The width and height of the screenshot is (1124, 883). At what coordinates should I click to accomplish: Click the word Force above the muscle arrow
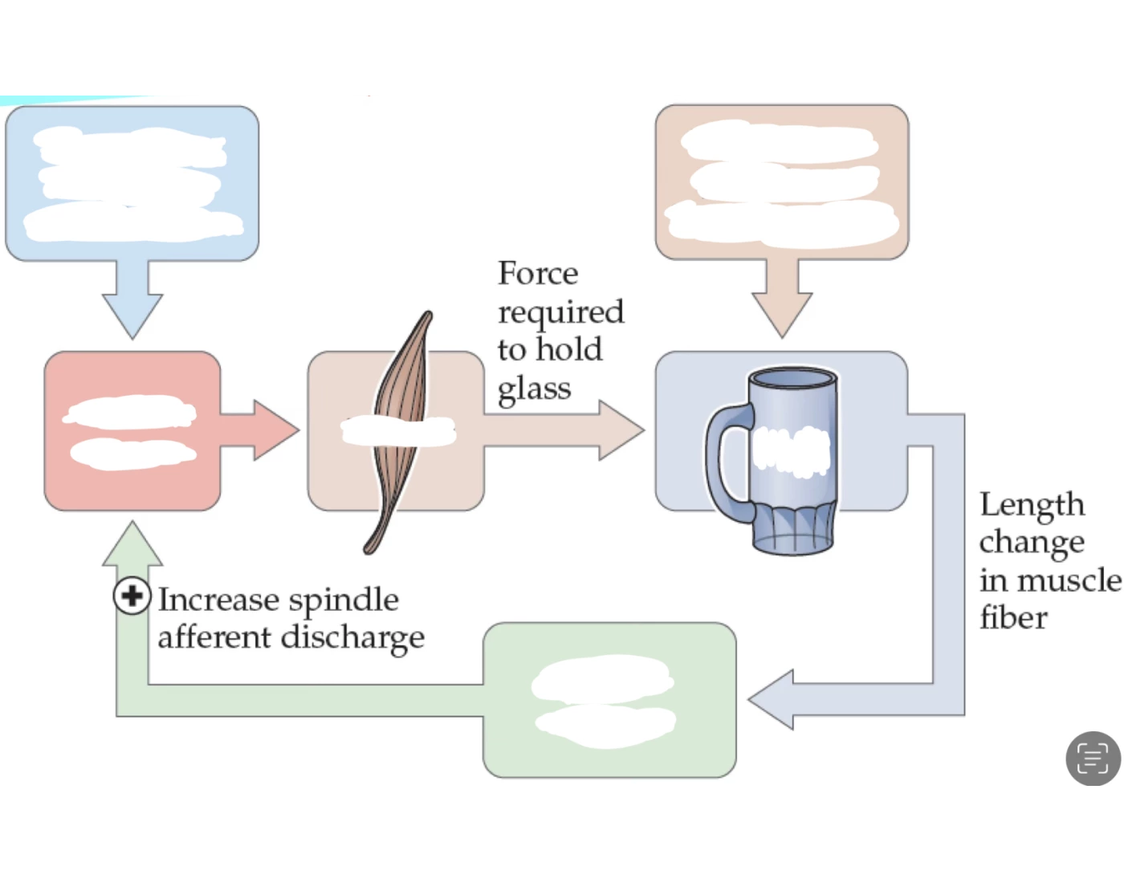pos(537,274)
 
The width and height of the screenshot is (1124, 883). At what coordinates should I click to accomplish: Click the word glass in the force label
pos(534,389)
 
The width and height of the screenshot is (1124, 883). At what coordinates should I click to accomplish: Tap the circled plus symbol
pos(132,596)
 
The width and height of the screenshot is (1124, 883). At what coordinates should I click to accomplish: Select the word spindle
pos(343,601)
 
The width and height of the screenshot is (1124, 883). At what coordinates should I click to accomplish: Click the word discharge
pos(352,638)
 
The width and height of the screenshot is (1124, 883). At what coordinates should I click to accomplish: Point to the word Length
pos(1032,505)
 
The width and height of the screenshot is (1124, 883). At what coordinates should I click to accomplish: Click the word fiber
pos(1013,619)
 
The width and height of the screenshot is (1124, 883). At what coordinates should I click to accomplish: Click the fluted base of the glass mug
pos(793,530)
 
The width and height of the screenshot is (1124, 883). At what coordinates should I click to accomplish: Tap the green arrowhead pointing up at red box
pos(132,546)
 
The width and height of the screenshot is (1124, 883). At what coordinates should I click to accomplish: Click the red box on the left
pos(132,490)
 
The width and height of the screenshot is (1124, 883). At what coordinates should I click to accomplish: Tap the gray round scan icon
pos(1093,758)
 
